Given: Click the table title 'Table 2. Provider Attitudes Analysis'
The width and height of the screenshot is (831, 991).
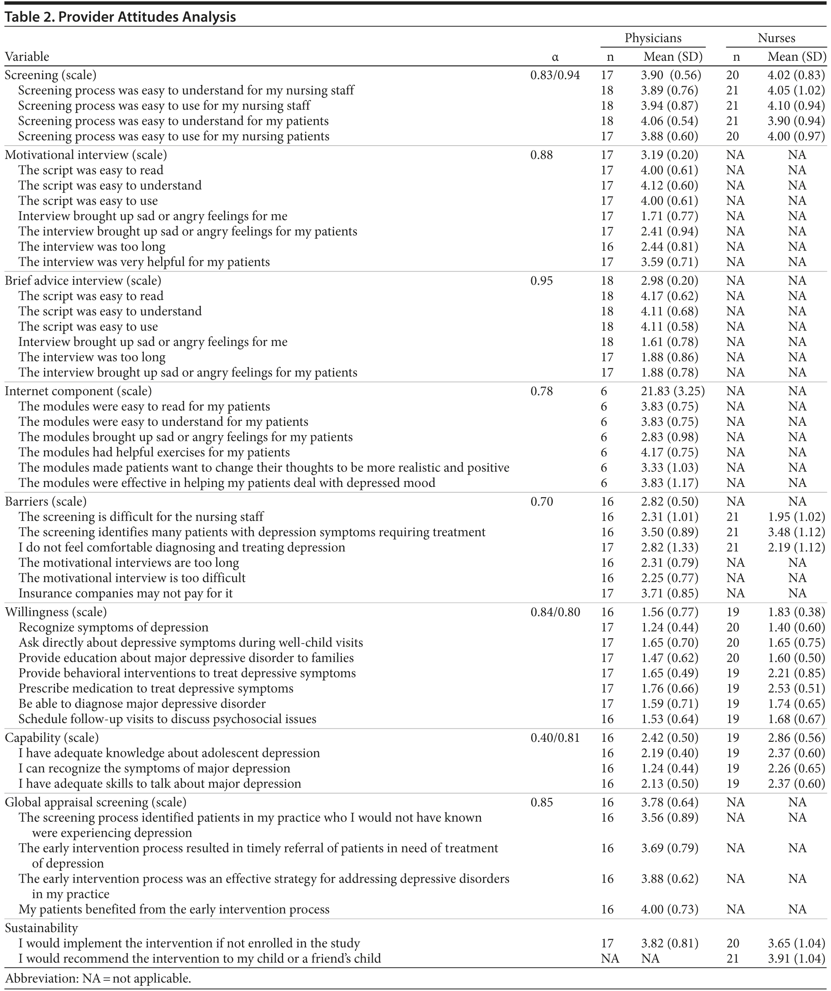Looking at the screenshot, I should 120,18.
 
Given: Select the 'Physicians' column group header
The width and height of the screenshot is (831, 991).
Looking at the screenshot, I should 653,38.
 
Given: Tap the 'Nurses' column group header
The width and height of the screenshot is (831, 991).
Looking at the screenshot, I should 776,38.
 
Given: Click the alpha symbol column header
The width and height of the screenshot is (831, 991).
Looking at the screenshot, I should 555,57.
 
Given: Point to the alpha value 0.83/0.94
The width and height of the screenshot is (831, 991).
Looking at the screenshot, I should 555,75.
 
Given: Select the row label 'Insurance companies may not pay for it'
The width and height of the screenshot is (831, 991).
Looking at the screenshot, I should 126,593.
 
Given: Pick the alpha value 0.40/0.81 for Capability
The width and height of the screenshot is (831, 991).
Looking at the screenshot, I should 555,738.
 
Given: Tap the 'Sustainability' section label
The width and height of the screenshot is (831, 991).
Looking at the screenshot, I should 42,928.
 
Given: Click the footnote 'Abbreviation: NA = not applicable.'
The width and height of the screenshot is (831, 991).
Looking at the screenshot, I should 98,978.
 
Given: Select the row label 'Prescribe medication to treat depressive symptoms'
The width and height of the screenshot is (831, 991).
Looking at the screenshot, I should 156,688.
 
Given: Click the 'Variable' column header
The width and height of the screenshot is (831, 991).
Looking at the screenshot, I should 27,57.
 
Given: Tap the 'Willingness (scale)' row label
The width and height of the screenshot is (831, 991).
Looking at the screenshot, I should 56,612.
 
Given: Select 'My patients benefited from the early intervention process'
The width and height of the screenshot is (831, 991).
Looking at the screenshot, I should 174,909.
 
